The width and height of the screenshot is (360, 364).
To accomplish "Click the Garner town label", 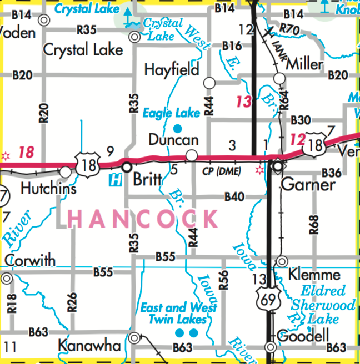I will (x=301, y=185).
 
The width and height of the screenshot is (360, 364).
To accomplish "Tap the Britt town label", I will (x=148, y=180).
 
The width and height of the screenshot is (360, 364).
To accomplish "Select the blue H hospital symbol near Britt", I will (x=115, y=180).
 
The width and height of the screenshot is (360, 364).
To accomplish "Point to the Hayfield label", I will (x=172, y=69).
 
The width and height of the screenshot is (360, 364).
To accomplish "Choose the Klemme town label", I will (x=315, y=275).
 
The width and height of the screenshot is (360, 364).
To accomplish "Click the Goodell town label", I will (x=303, y=336).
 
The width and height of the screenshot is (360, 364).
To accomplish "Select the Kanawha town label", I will (x=89, y=346).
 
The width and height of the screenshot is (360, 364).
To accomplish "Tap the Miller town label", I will (x=304, y=64).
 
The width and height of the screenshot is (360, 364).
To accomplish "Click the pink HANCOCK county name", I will (x=143, y=219).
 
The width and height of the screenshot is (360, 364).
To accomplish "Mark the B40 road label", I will (x=234, y=196).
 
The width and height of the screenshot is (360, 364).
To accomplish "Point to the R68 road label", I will (x=314, y=225).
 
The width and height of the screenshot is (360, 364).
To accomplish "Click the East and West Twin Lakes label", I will (x=178, y=314).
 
